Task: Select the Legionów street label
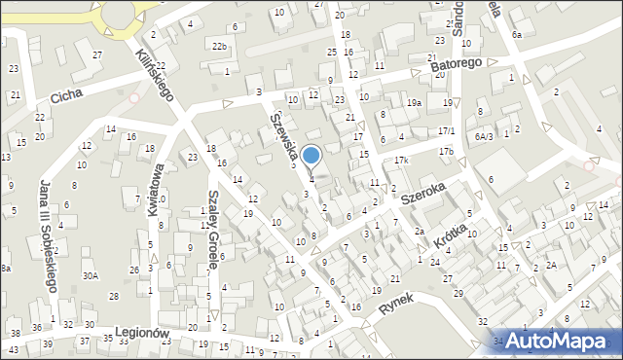pyautogui.click(x=141, y=332)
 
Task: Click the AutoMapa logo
pyautogui.click(x=564, y=341)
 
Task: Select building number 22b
pyautogui.click(x=220, y=46)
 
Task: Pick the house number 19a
pyautogui.click(x=414, y=102)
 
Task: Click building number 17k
pyautogui.click(x=401, y=160)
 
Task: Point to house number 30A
pyautogui.click(x=90, y=275)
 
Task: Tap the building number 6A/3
pyautogui.click(x=485, y=137)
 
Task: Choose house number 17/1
pyautogui.click(x=446, y=130)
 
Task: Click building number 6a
pyautogui.click(x=517, y=34)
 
